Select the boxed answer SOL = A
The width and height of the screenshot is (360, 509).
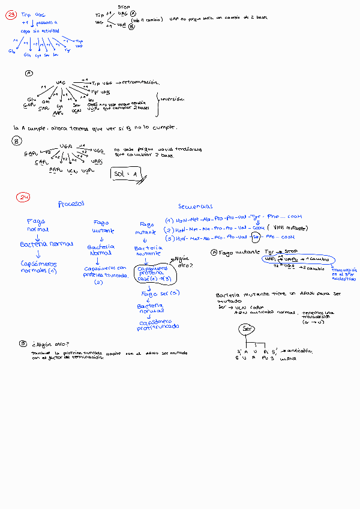click(128, 173)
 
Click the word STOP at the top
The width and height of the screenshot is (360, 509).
click(124, 6)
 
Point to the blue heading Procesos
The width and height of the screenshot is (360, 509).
click(71, 204)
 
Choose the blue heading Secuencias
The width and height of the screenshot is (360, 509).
click(196, 206)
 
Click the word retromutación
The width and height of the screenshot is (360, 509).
click(139, 82)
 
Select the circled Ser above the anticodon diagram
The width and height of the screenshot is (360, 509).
click(247, 329)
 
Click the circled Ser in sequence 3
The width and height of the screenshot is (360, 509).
click(256, 239)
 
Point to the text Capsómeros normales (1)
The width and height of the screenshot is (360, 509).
click(38, 267)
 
